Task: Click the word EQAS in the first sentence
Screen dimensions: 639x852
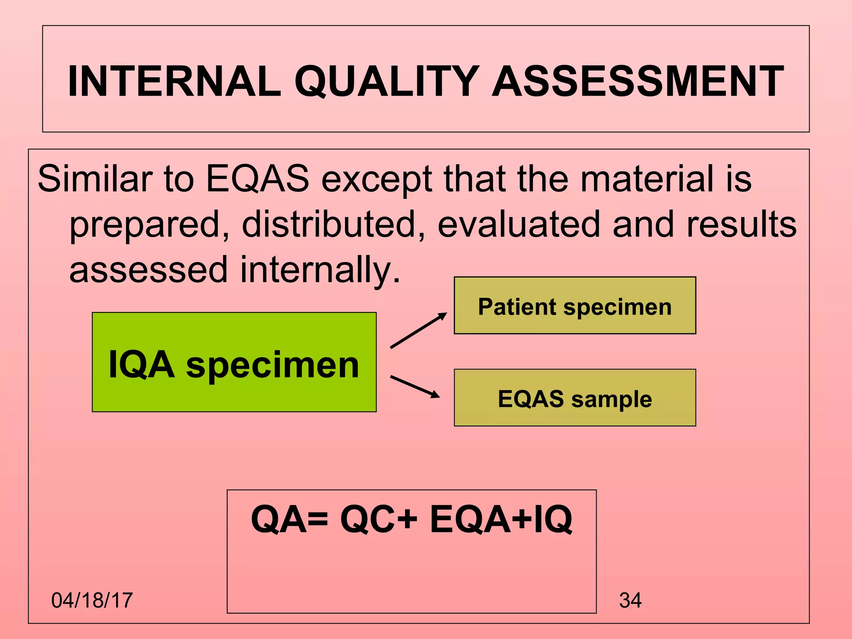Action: click(258, 178)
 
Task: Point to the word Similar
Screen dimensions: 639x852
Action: click(94, 178)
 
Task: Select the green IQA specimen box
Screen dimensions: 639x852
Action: click(234, 362)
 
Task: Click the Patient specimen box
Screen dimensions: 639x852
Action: click(575, 306)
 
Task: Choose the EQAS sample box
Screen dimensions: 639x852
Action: click(575, 398)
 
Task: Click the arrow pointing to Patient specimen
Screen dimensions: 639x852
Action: click(419, 331)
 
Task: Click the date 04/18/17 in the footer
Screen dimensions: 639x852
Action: click(92, 600)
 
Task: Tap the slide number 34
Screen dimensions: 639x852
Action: click(630, 600)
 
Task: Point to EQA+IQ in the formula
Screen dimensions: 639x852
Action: click(501, 520)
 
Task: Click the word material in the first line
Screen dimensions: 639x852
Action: click(647, 178)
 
